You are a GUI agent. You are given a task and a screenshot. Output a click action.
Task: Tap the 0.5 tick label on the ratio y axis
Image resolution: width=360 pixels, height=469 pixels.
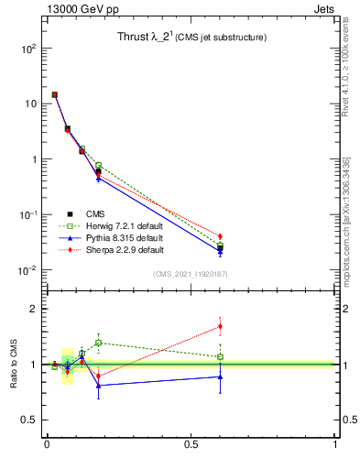coord(27,420)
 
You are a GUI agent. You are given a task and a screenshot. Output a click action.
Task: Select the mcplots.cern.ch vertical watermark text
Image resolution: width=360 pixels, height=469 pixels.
coord(345,220)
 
